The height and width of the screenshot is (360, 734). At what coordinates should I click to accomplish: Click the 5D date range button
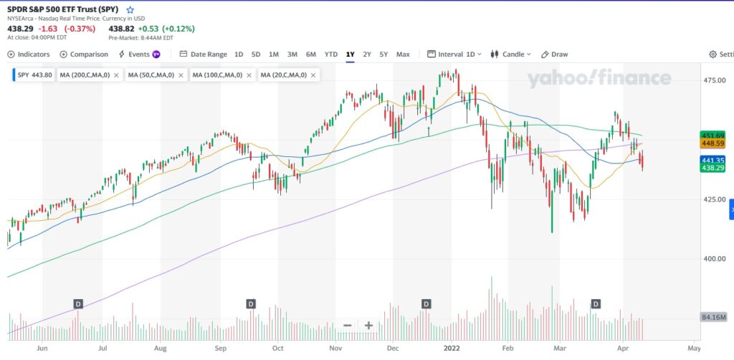coord(256,54)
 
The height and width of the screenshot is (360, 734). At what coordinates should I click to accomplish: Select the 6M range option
coord(310,54)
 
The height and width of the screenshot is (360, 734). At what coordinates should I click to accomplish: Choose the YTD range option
coord(330,54)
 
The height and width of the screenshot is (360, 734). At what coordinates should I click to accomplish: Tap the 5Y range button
coord(383,54)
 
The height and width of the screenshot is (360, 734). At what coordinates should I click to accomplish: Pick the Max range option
coord(403,54)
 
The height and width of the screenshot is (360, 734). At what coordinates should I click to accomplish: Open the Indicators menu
coord(29,54)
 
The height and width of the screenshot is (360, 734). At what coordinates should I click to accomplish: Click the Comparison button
coord(84,54)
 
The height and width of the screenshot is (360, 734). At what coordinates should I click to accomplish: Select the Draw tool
coord(554,54)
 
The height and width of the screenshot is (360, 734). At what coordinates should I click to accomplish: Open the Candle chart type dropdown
coord(516,54)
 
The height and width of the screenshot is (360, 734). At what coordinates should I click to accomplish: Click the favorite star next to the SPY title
coord(130,10)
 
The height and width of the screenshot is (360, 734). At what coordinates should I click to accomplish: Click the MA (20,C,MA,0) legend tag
coord(283,75)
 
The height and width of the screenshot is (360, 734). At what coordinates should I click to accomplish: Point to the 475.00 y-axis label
coord(715,81)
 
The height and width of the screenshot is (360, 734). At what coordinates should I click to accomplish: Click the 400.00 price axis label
coord(715,259)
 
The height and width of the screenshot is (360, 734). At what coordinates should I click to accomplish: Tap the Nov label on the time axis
coord(335,348)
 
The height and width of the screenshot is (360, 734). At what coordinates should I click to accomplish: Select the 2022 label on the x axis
coord(451,348)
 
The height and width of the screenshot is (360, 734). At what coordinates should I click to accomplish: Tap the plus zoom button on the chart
coord(368,326)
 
